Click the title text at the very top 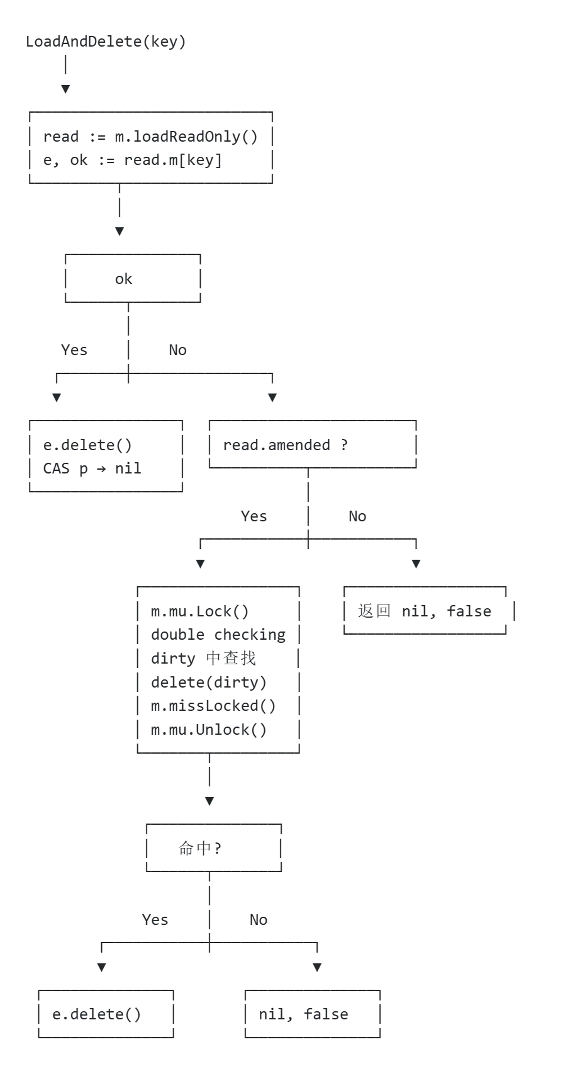106,43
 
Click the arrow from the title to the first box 65,72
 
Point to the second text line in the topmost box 131,161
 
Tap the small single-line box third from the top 131,280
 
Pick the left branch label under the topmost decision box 75,350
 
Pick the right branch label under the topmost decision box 177,350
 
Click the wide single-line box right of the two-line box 312,445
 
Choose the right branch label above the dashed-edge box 357,517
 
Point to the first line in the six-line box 202,612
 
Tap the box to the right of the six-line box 426,609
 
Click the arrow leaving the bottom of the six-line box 209,778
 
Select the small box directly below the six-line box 213,848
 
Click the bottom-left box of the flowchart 105,1014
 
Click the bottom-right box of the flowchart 312,1014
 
